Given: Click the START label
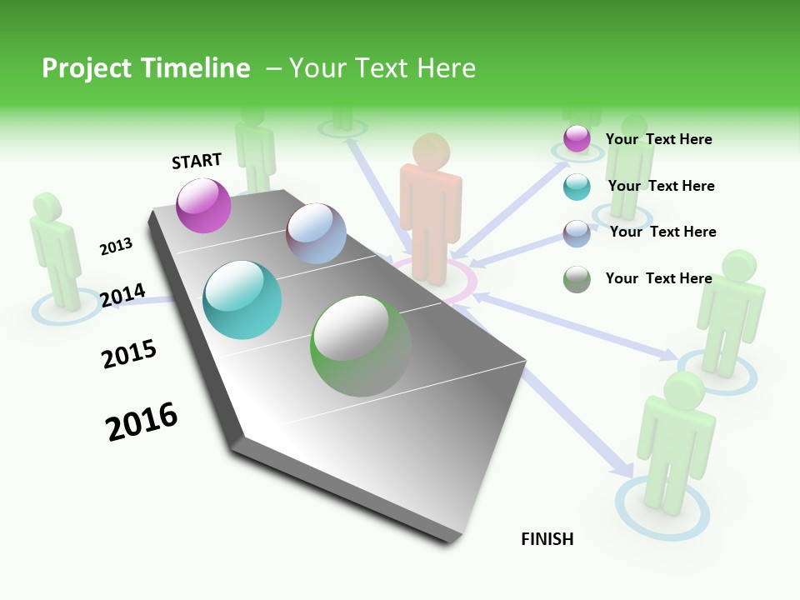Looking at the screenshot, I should (x=197, y=161).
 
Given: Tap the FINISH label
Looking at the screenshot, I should (x=547, y=539).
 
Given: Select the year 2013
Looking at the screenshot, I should (x=116, y=247).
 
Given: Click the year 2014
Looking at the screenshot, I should (x=122, y=295).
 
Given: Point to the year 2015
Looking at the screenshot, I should (x=129, y=354).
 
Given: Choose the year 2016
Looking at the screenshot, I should (x=142, y=422).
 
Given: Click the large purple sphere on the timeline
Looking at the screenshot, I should (x=204, y=205).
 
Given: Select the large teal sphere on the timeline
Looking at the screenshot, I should (x=242, y=300).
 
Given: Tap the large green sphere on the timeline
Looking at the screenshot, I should (x=361, y=346).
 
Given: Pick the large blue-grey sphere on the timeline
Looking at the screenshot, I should (x=316, y=233).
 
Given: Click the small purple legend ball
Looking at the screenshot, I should (x=577, y=138).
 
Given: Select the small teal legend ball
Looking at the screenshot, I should (x=577, y=187).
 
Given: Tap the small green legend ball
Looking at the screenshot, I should (x=577, y=279).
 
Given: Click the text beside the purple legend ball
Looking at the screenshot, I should (x=658, y=139).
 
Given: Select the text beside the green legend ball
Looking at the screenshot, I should (x=658, y=278).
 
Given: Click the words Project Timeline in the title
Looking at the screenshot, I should (x=146, y=68).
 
